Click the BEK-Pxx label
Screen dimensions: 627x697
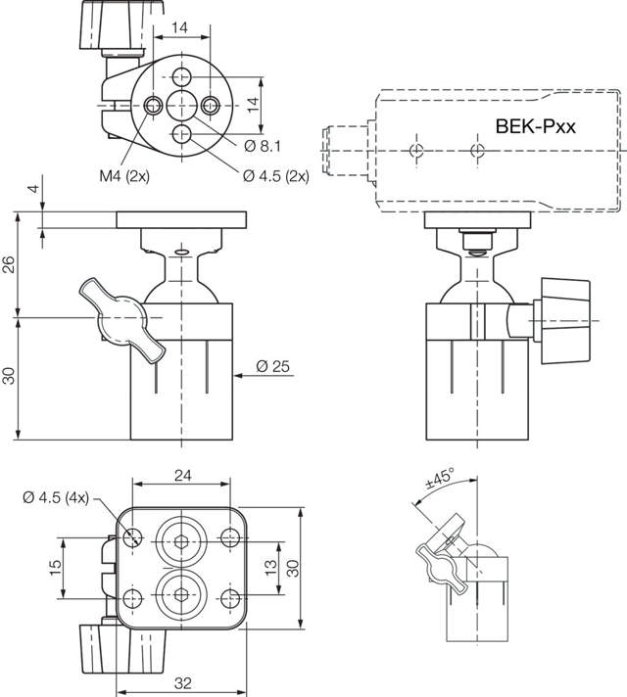pos(535,126)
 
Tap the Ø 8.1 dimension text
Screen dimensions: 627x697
pos(263,146)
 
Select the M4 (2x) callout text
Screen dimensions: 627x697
pos(124,176)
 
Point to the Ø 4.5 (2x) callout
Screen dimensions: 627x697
pos(276,176)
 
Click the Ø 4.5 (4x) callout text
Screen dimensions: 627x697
pos(56,497)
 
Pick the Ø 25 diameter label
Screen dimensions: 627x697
pos(272,366)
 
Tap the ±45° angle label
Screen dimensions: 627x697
pos(440,478)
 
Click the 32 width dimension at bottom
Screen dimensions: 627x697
pos(183,682)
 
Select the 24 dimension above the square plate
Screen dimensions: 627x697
pos(183,475)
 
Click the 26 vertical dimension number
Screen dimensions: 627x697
pos(9,264)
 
